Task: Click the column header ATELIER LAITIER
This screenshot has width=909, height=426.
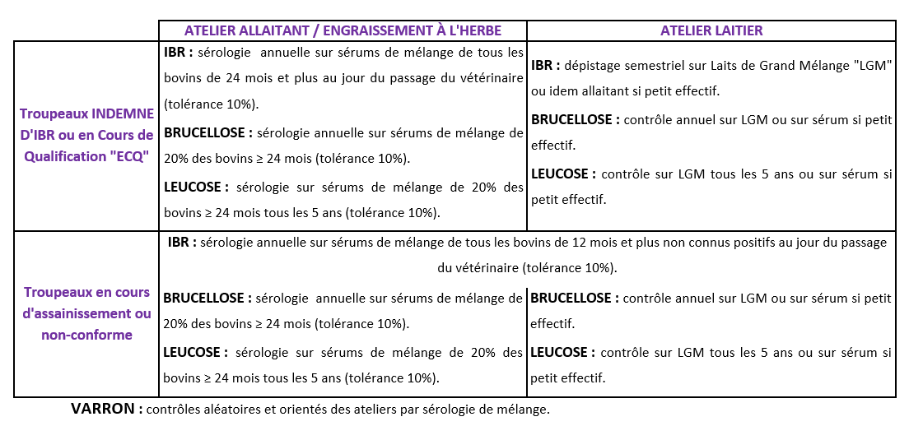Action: (x=711, y=30)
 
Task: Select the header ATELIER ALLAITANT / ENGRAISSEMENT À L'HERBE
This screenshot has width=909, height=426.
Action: (x=343, y=30)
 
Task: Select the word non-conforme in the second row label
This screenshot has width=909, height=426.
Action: (x=86, y=334)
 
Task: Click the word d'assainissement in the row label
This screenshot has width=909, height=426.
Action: (x=86, y=313)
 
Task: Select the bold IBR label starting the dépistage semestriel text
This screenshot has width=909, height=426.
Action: (x=547, y=66)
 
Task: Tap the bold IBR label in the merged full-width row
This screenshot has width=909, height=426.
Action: (x=181, y=243)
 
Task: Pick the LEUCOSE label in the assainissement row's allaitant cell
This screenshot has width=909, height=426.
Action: (x=194, y=352)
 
